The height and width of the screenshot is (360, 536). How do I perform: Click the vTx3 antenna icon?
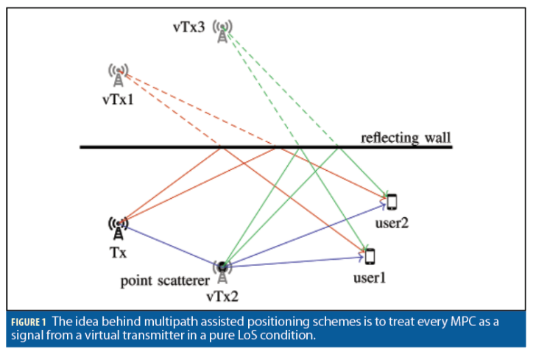[222, 32]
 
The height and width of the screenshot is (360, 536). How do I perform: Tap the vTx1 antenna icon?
[118, 74]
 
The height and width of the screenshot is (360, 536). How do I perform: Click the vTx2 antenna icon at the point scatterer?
[222, 272]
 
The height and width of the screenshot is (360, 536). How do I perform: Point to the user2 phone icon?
[392, 200]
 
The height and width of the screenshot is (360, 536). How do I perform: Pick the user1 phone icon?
[370, 255]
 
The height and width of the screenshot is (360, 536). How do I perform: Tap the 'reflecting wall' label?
[405, 137]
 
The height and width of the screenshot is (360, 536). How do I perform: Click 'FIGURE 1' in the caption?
[29, 321]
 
